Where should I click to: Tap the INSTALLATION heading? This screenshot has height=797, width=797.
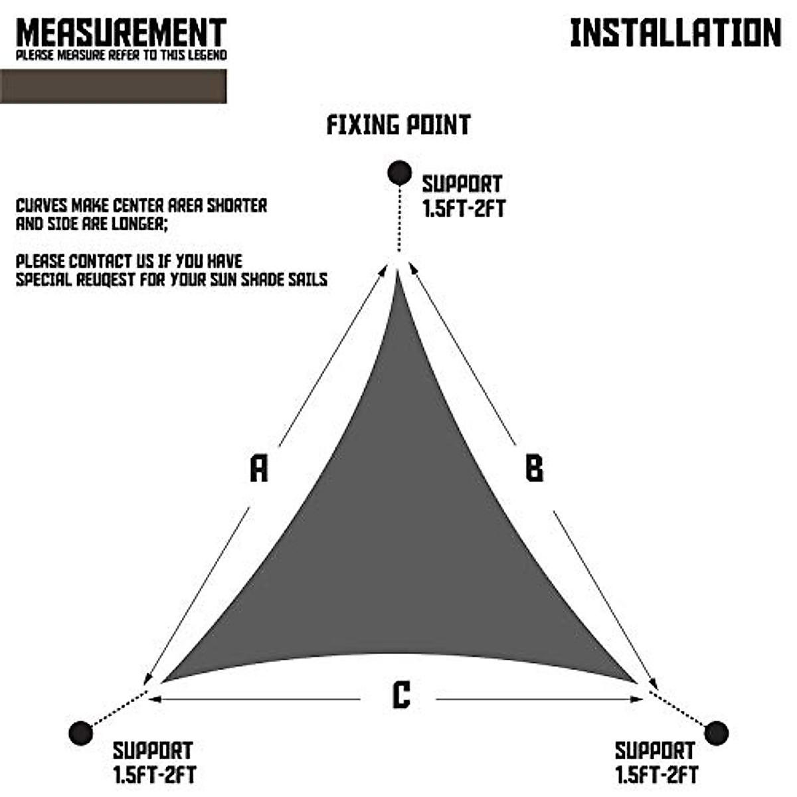click(x=675, y=33)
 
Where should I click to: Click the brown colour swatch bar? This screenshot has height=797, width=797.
click(x=113, y=86)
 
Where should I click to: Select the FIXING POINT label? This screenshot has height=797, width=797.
click(x=398, y=125)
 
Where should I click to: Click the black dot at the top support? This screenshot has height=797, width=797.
click(x=399, y=173)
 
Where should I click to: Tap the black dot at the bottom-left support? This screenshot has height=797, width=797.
click(x=80, y=733)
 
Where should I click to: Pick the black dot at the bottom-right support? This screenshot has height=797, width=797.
click(x=716, y=733)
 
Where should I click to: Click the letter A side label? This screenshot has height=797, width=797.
click(x=258, y=468)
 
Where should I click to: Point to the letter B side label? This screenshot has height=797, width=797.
click(x=534, y=468)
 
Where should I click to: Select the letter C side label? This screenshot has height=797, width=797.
click(x=400, y=695)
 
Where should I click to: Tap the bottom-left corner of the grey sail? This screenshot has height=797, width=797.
click(x=166, y=679)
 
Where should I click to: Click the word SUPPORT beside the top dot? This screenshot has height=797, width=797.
click(x=462, y=184)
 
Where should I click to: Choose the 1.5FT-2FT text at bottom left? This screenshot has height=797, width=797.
click(x=153, y=775)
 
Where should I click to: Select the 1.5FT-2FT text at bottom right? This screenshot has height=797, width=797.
click(x=656, y=775)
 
